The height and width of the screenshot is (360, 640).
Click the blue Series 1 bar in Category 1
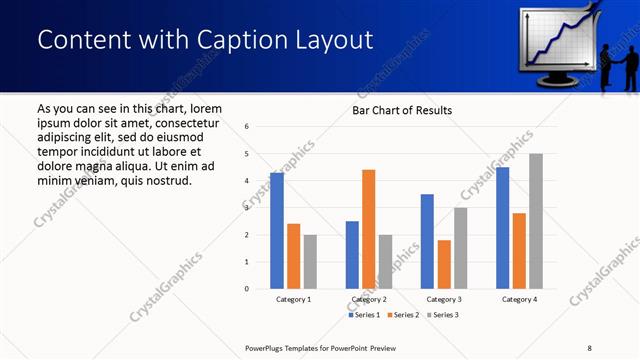pos(277,231)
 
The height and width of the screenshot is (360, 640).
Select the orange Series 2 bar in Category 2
pos(368,229)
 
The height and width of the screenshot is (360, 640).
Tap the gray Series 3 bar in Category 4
pos(536,221)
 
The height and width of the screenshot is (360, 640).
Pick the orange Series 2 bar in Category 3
pos(444,264)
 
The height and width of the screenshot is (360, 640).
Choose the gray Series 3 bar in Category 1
pos(310,262)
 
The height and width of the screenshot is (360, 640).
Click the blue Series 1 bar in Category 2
pos(352,255)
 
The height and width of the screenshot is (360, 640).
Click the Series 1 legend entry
pos(364,315)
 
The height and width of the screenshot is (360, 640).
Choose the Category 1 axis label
pos(293,299)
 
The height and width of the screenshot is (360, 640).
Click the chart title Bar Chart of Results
pos(401,110)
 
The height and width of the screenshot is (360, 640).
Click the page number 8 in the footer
pos(589,347)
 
